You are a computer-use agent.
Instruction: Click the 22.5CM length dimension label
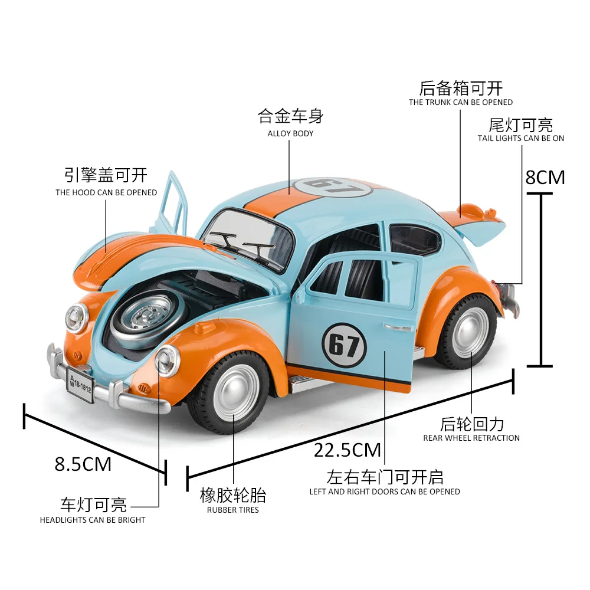[348, 450]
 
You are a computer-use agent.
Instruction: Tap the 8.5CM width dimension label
[83, 464]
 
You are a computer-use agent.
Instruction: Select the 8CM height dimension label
[545, 177]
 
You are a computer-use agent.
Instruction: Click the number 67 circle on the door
[345, 345]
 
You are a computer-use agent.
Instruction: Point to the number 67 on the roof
[333, 187]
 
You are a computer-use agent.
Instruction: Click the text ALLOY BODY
[290, 133]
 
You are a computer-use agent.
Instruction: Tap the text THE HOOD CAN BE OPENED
[106, 193]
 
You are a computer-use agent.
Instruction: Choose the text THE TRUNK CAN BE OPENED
[461, 102]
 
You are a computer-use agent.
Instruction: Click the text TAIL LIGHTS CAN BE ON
[521, 139]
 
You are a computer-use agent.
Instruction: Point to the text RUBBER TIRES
[233, 510]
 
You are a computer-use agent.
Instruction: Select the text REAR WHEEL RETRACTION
[471, 438]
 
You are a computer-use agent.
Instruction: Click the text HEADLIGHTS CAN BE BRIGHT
[93, 520]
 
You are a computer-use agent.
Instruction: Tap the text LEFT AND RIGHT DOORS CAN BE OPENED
[385, 492]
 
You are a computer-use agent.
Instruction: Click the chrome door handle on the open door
[398, 327]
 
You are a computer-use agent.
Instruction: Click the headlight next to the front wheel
[168, 360]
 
